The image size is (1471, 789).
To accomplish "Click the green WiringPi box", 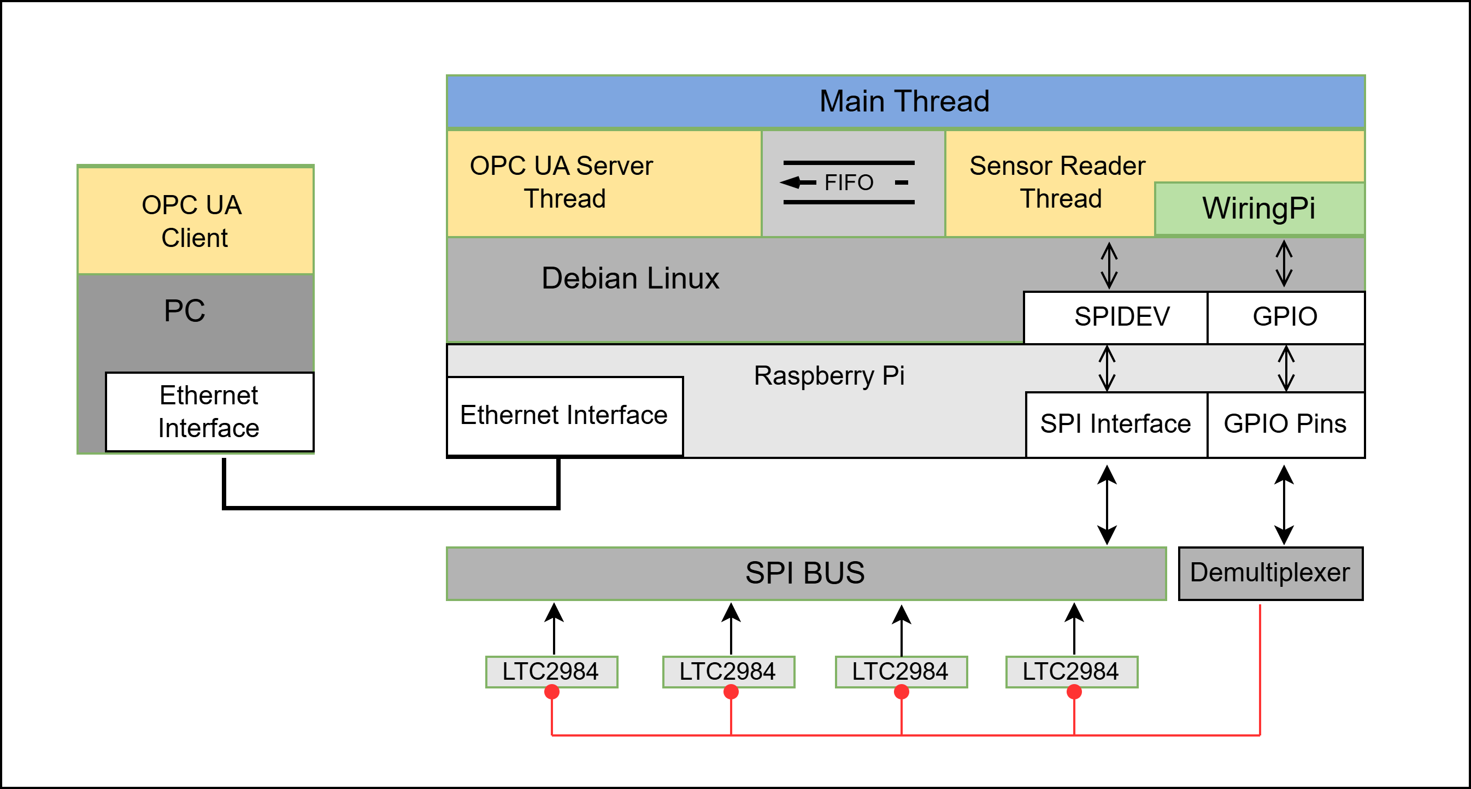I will [1258, 208].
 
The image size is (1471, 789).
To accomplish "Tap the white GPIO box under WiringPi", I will [1285, 317].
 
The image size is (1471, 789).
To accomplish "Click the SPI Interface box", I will [1116, 424].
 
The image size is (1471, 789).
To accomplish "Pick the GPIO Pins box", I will [1285, 424].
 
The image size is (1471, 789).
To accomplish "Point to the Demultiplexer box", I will [1270, 573].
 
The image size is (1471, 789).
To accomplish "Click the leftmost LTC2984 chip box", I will [550, 672].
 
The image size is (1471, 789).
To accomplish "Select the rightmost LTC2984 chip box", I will [1070, 672].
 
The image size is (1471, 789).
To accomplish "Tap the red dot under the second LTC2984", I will [731, 692].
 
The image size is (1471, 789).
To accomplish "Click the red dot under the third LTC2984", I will [901, 692].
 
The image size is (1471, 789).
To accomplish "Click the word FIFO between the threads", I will [849, 182].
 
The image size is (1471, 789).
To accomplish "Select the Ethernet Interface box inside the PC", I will [210, 411].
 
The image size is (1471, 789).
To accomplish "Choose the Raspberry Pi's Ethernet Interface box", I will [564, 415].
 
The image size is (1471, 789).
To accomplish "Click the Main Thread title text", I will [904, 102].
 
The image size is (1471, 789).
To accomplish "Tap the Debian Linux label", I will [630, 279].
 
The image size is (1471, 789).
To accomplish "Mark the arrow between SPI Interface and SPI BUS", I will [1107, 505].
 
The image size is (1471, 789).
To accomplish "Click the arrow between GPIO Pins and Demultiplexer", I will [1284, 505].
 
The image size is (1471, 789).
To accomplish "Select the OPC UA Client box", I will [195, 220].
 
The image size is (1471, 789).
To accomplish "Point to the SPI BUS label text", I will [805, 573].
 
